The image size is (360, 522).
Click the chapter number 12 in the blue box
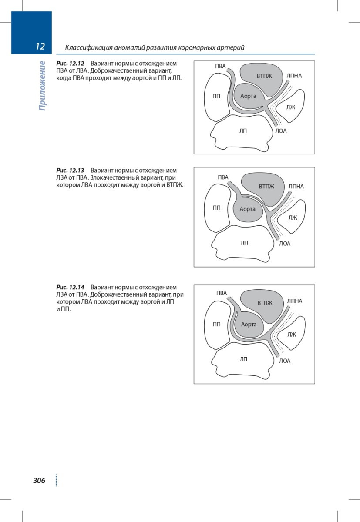tap(40, 47)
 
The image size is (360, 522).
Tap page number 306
tap(39, 480)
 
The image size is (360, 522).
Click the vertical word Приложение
tap(42, 86)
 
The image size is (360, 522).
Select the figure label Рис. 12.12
tap(70, 64)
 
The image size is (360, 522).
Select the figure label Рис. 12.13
tap(70, 171)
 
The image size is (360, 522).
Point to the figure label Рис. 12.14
tap(70, 287)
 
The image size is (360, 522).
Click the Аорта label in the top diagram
tap(248, 96)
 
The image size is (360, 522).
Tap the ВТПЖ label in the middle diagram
tap(266, 187)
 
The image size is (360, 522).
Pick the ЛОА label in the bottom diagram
tap(285, 361)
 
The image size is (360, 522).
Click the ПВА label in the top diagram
tap(220, 66)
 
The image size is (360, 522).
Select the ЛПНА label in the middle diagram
tap(296, 187)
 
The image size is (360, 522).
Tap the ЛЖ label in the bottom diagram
tap(292, 335)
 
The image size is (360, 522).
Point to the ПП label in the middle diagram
tap(217, 207)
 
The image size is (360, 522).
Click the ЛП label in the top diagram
tap(243, 131)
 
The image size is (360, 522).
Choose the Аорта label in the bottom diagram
tap(249, 324)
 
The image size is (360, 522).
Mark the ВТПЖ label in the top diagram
tap(264, 76)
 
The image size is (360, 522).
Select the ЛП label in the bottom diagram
tap(243, 359)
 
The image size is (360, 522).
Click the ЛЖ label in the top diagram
tap(291, 107)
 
